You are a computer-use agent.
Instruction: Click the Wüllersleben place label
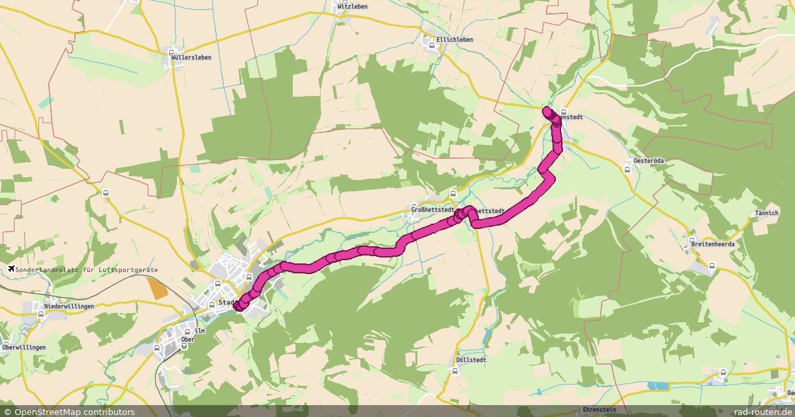pos(191,58)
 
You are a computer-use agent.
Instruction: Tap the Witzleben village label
pos(352,7)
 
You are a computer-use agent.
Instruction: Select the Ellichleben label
pos(454,40)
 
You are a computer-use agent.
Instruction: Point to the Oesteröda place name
pos(649,161)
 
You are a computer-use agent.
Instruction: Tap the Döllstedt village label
pos(472,360)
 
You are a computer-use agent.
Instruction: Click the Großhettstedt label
pos(433,210)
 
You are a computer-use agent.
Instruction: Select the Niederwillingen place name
pos(69,306)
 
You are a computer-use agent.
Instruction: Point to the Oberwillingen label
pos(24,347)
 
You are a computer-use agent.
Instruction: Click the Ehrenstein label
pos(599,410)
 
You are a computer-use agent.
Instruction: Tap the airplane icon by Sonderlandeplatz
pos(11,269)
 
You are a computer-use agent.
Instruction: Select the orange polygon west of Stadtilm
pos(158,289)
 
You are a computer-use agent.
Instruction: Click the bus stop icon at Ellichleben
pos(432,46)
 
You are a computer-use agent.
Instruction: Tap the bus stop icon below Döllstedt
pos(454,371)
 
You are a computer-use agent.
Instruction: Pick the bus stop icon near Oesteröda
pos(627,169)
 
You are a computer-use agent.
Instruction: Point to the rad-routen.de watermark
pos(767,412)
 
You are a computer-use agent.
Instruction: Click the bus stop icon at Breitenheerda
pos(712,267)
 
